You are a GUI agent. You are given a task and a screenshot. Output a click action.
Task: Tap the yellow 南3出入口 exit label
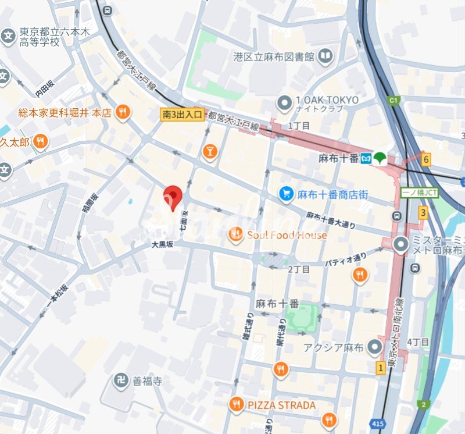[182, 115]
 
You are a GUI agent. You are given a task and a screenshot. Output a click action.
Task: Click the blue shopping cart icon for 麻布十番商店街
[285, 194]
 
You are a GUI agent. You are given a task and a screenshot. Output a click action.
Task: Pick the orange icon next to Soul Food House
[235, 234]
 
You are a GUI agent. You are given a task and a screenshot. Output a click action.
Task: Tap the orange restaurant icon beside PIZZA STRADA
[235, 404]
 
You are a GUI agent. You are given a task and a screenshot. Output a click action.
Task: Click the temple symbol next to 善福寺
[120, 381]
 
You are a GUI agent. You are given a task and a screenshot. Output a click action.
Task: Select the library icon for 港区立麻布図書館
[325, 56]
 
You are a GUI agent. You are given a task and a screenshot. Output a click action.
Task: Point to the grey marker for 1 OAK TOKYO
[284, 104]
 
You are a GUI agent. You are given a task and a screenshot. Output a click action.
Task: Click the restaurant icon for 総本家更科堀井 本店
[122, 112]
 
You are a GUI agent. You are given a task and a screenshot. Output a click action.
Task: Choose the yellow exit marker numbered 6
[426, 159]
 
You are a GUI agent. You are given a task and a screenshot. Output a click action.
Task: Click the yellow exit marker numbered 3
[423, 213]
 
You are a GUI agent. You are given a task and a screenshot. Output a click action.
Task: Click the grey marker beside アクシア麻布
[375, 348]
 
